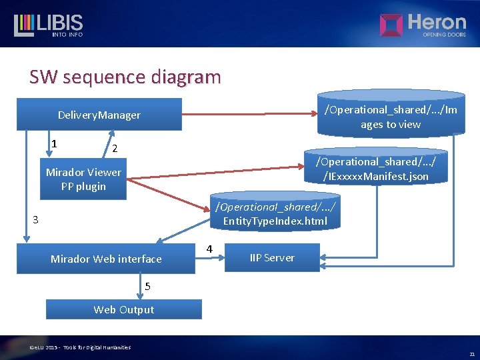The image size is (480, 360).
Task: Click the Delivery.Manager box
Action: (x=99, y=115)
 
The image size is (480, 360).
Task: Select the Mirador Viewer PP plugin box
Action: (x=83, y=179)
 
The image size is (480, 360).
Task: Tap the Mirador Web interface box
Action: (x=106, y=259)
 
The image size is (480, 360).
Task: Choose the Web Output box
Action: (x=123, y=309)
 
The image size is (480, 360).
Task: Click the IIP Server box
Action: (x=272, y=257)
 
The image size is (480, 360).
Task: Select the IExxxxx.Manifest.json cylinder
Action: (x=376, y=169)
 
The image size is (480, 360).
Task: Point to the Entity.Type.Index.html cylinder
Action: (x=274, y=214)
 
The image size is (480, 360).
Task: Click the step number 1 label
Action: (x=54, y=143)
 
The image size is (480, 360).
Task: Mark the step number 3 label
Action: (x=36, y=220)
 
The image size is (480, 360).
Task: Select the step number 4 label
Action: (x=209, y=249)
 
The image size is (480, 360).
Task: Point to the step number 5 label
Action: (x=147, y=287)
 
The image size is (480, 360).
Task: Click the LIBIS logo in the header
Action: (x=48, y=25)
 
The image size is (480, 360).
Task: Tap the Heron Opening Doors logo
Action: (x=423, y=25)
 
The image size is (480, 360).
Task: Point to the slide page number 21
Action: (x=471, y=354)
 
